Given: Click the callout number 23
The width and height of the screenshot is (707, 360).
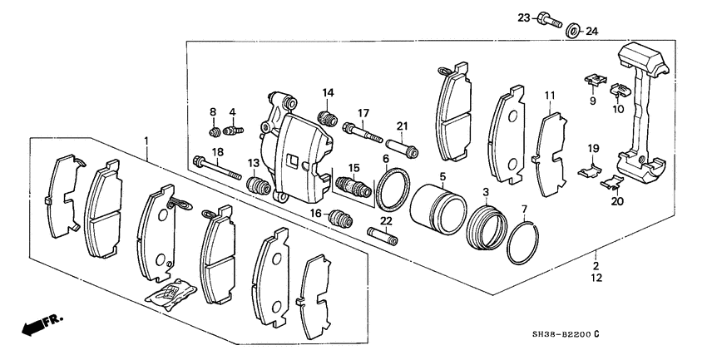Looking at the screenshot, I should tap(522, 17).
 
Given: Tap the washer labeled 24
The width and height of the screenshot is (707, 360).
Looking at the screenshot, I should tap(573, 32).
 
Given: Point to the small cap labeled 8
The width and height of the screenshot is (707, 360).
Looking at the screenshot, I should tap(215, 131).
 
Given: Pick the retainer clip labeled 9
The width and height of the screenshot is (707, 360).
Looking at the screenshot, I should tap(592, 81).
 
